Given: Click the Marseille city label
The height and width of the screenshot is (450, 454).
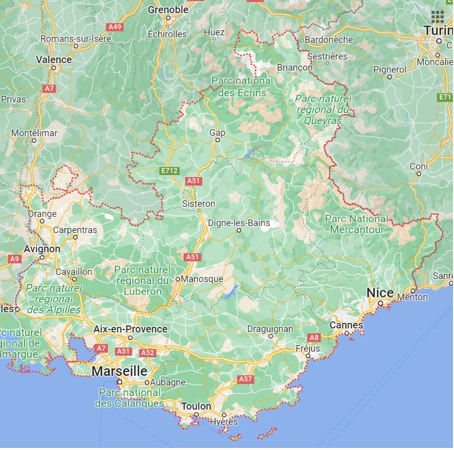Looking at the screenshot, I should pos(120,371).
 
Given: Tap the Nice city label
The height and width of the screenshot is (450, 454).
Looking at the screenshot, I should pos(380,293).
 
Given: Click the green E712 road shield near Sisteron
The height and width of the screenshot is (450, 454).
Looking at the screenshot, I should pos(169,171).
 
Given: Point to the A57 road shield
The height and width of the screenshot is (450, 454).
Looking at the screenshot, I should pos(245,378).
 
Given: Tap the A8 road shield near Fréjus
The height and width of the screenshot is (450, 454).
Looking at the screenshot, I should pos(314,337).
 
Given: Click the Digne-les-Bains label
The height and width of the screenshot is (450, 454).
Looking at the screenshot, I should pos(239,223).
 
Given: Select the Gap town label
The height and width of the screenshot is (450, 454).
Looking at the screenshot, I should pos(217,133).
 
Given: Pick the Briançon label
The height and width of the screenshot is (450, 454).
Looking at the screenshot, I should pos(295,68).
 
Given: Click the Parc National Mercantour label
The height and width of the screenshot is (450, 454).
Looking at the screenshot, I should pos(357,224).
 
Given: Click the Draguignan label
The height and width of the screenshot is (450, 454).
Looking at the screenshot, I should pos(270,329).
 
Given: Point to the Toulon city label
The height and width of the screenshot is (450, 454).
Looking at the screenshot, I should pos(196,407).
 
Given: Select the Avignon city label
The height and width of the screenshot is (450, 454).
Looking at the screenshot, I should pos(42,249).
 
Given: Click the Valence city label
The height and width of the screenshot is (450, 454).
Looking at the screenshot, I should pos(54,60).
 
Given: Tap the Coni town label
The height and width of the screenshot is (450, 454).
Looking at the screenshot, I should pos(419,166).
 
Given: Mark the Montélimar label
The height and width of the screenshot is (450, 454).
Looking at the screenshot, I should pos(34,133).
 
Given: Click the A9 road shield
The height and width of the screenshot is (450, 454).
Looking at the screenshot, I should pos(14,258).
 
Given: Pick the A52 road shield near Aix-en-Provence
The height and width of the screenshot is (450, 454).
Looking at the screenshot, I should pos(147,353).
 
